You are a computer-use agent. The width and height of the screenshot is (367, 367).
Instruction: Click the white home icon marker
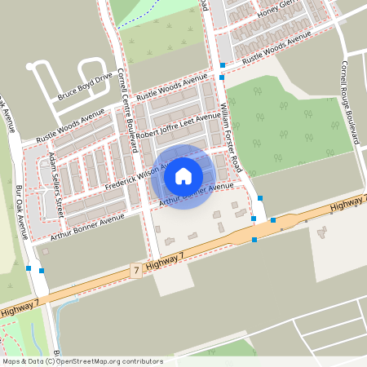(x=183, y=175)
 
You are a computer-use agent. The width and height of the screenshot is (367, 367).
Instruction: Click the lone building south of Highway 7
(x=321, y=233)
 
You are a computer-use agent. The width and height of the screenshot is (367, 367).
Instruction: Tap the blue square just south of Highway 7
(x=254, y=240)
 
